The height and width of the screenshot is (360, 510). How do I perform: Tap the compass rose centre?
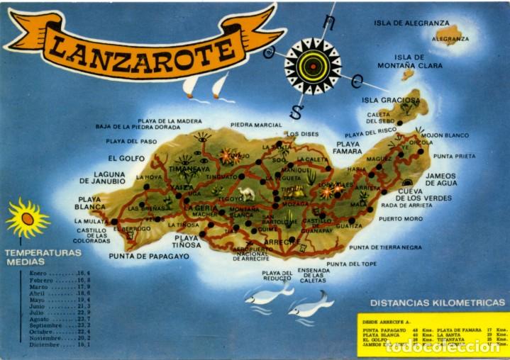pos(312,67)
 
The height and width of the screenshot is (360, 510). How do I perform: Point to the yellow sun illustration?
pos(27,218)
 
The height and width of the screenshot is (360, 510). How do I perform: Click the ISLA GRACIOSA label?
pos(389,101)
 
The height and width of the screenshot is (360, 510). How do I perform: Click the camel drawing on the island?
pos(246,193)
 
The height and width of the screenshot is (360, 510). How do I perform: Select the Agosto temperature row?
pos(59,319)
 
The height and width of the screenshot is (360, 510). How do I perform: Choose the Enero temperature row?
pos(59,272)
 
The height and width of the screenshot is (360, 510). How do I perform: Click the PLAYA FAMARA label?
pos(348,147)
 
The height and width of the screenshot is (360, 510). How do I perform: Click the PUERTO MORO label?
pos(401,219)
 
